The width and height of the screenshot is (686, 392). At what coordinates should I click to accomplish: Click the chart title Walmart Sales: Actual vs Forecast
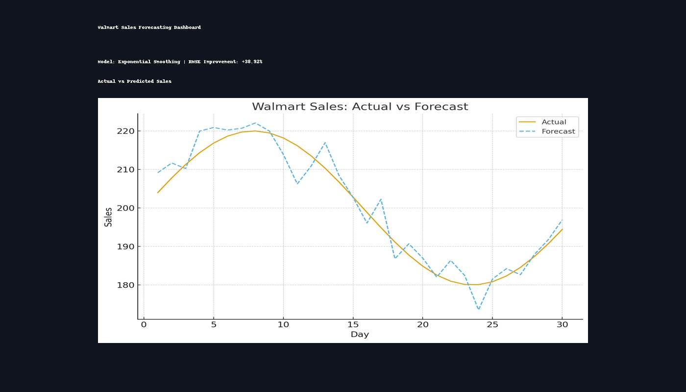(360, 106)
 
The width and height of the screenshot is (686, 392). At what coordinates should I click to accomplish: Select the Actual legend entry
(553, 122)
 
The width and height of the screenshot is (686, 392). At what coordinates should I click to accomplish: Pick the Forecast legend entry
(558, 132)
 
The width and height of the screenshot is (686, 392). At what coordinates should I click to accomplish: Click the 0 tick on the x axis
(144, 325)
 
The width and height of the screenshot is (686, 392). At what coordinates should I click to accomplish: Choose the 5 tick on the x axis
(213, 325)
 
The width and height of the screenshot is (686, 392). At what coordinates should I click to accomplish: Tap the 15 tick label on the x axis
(353, 325)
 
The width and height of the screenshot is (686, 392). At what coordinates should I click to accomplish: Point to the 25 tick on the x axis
(492, 325)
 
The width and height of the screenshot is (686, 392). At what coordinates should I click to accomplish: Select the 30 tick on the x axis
(562, 325)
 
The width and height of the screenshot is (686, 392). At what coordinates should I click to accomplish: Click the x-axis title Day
(360, 335)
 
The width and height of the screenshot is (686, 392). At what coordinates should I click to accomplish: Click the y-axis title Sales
(108, 217)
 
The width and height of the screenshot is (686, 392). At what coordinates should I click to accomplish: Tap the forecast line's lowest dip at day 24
(478, 309)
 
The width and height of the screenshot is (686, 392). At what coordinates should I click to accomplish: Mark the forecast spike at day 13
(325, 143)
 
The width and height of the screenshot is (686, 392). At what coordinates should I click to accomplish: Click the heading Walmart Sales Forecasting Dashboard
(149, 27)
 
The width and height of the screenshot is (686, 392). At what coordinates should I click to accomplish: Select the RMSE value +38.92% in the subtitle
(252, 62)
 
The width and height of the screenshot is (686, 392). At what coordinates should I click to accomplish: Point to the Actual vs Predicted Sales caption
(134, 81)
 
